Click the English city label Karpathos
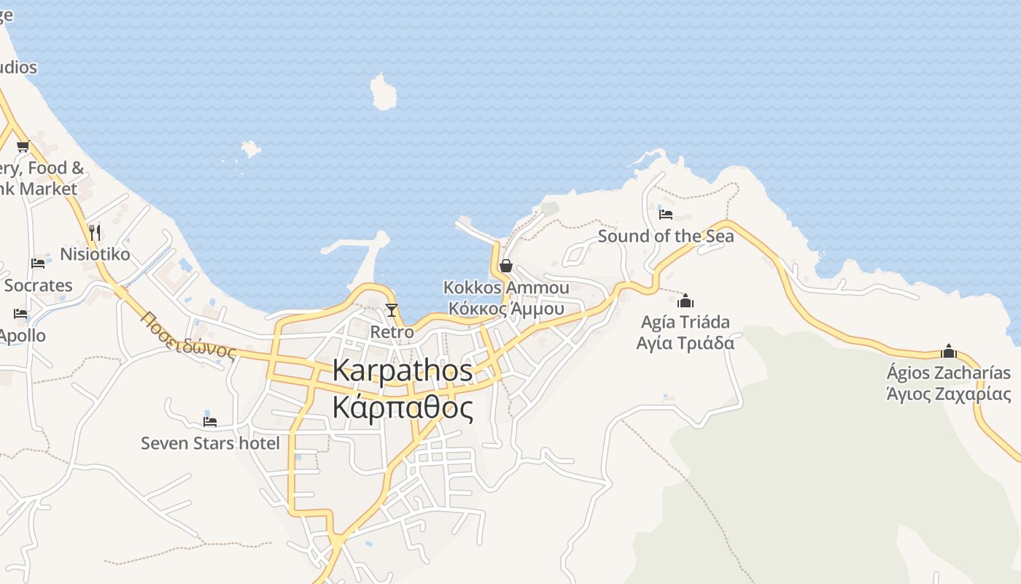[x=403, y=370]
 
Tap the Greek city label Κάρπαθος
[x=403, y=407]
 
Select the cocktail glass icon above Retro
[x=392, y=310]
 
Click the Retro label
[x=392, y=332]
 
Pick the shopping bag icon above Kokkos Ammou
[x=505, y=266]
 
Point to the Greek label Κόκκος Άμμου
[x=506, y=308]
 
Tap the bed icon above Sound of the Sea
[x=665, y=215]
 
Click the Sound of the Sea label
[x=666, y=236]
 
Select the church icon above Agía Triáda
[x=686, y=301]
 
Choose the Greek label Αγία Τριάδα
[x=685, y=342]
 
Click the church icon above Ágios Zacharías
[x=948, y=351]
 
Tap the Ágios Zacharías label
[x=948, y=373]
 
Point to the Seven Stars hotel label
[x=210, y=443]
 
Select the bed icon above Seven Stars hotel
[x=210, y=421]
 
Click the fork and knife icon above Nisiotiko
[x=94, y=232]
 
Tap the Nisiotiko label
[x=95, y=254]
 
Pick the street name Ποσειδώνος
[x=189, y=335]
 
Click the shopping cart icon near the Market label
[x=23, y=146]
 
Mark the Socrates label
[x=38, y=285]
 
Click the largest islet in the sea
[x=383, y=92]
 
